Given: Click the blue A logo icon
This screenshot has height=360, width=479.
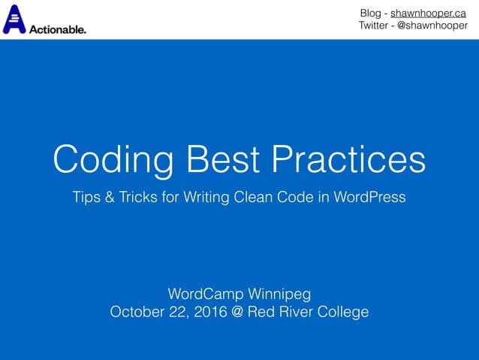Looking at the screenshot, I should point(14,20).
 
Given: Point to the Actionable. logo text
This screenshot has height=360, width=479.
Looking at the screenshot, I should point(57,29).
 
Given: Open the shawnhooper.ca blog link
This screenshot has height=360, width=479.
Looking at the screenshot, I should point(428,13).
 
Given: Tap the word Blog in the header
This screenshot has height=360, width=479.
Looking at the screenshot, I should point(370,13).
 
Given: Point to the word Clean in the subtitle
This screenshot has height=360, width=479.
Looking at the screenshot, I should point(267,198).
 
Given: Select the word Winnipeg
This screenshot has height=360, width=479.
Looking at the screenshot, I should point(277,292).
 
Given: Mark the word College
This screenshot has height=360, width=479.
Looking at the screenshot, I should point(342,311).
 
